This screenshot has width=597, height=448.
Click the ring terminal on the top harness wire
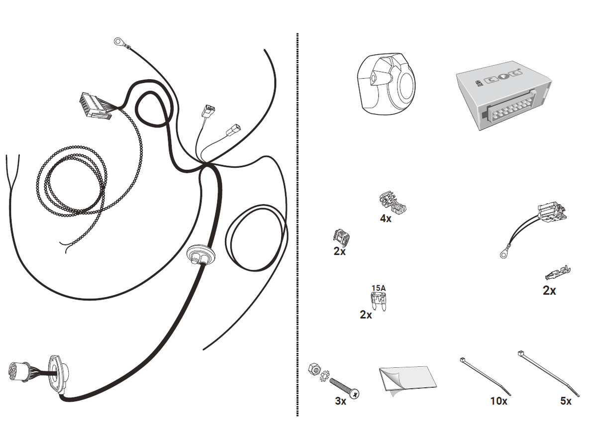119,40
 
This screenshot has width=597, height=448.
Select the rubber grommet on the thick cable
202,256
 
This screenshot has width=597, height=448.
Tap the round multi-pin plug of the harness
17,372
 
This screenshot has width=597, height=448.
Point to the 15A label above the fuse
379,288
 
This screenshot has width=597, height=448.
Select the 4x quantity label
386,219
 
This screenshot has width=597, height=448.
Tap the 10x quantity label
498,401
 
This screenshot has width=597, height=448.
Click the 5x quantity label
566,401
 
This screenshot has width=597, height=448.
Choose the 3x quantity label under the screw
340,401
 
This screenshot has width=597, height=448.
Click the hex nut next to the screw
314,369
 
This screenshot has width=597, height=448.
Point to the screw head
355,393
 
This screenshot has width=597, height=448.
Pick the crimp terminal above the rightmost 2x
558,273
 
